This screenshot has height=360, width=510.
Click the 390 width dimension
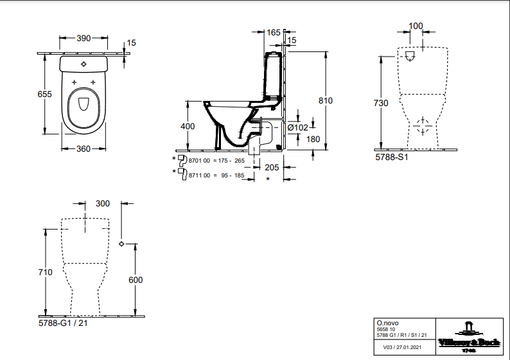click(x=84, y=38)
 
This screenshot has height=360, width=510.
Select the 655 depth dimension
click(x=44, y=94)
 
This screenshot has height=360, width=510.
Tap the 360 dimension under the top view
click(x=84, y=149)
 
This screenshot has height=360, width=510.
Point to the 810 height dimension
click(x=326, y=101)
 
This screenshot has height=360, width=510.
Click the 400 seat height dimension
click(x=188, y=127)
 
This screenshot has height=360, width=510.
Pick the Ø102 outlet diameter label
click(x=298, y=127)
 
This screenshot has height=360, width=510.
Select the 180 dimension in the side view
click(x=313, y=139)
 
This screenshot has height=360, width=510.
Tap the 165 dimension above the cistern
click(x=273, y=32)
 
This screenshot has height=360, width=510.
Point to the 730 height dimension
click(x=382, y=104)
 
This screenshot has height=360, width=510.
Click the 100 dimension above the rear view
click(x=416, y=26)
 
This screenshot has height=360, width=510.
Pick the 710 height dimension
click(x=45, y=273)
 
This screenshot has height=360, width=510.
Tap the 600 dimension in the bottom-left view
click(x=136, y=280)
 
